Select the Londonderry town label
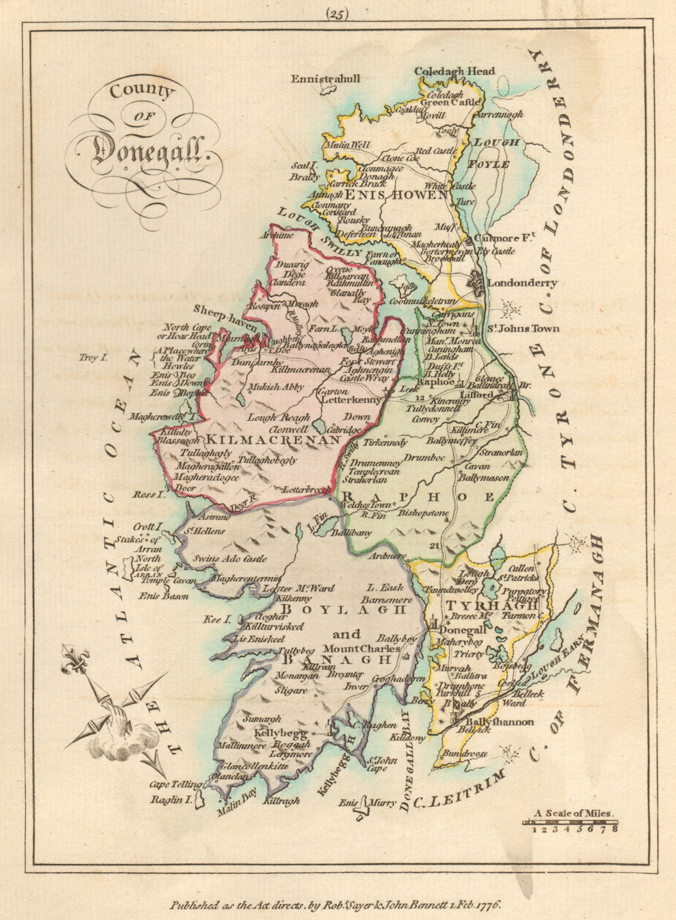pyautogui.click(x=522, y=283)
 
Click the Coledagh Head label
pyautogui.click(x=455, y=71)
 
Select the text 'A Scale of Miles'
pyautogui.click(x=574, y=814)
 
